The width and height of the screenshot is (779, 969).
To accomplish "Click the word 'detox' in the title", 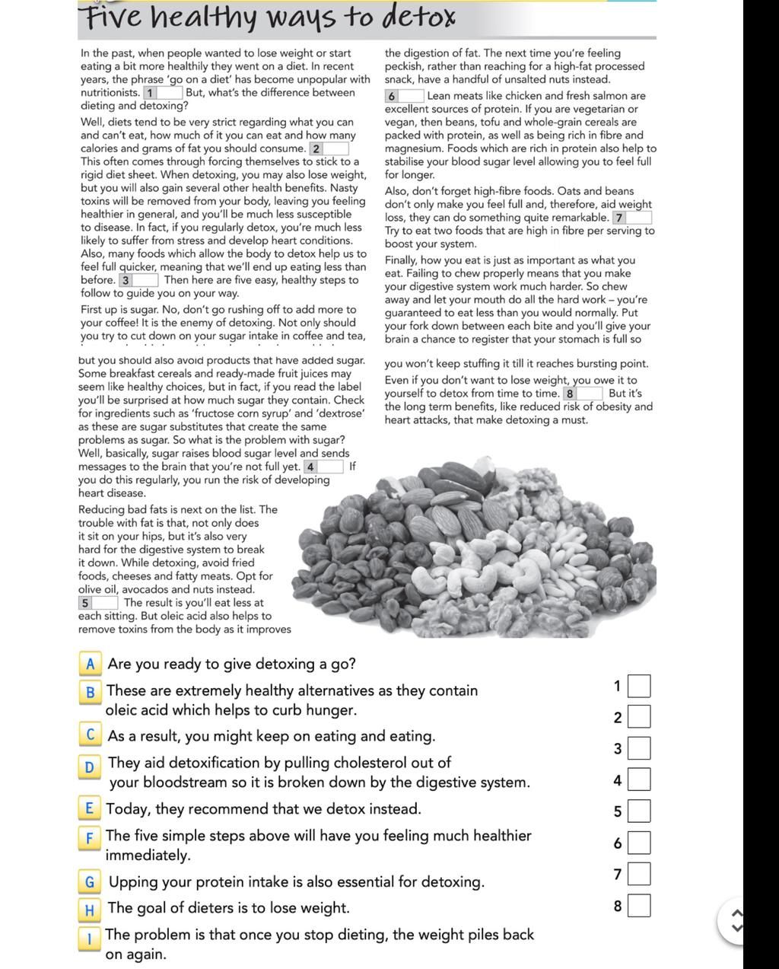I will click(x=418, y=17).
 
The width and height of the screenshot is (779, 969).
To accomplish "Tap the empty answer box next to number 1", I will click(x=640, y=686).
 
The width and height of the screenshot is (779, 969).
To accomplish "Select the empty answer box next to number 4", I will click(x=640, y=780).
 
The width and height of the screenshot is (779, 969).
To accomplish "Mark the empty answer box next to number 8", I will click(x=640, y=906).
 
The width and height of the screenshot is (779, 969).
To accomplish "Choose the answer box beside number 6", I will click(x=640, y=843).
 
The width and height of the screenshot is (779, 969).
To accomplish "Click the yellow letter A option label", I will click(x=90, y=664).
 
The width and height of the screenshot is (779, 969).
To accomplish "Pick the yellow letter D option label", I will click(x=90, y=767).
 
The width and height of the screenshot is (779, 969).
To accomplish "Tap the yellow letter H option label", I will click(x=90, y=909).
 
